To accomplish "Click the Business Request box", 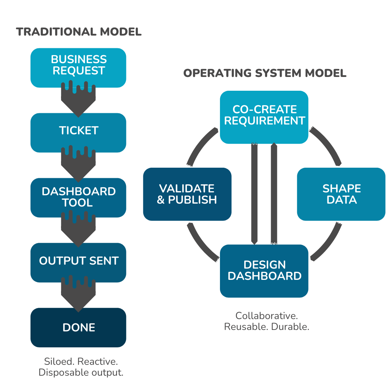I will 78,65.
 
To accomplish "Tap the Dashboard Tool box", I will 78,197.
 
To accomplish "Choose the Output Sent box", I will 78,261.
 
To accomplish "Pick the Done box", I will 78,327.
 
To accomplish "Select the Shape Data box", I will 341,194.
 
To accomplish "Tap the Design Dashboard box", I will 264,271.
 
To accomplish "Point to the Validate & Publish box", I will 187,194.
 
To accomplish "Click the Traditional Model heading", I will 79,32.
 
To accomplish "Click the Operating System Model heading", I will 265,73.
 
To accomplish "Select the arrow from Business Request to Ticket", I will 78,100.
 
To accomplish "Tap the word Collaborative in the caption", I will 266,315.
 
